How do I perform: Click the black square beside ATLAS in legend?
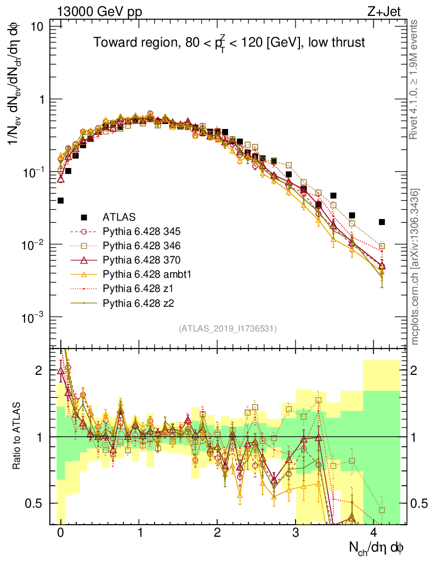[84, 217]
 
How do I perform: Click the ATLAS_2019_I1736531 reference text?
[228, 329]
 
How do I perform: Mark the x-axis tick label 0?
[60, 533]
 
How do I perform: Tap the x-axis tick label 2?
[218, 533]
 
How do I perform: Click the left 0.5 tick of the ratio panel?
[37, 503]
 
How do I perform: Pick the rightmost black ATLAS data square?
[382, 222]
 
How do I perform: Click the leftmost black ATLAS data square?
[60, 200]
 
